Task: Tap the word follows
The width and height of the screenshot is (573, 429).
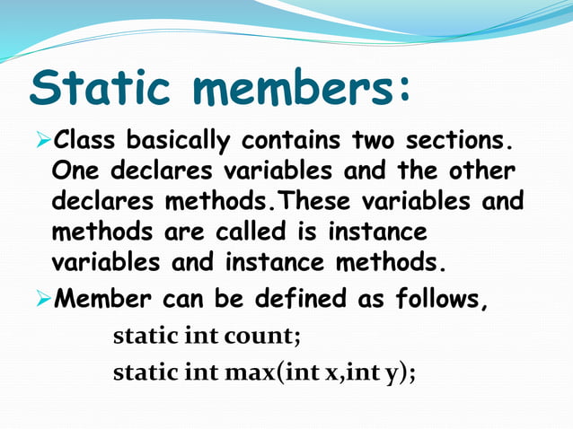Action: coord(440,298)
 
